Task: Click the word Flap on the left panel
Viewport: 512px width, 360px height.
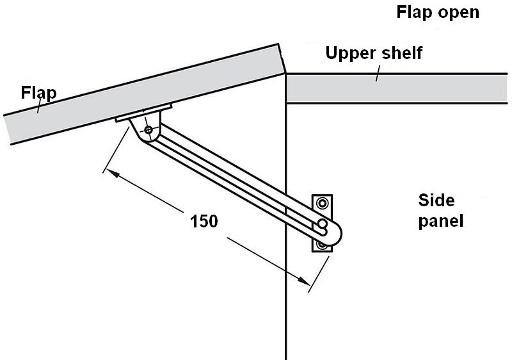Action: click(38, 93)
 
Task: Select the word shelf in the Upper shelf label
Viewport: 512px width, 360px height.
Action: click(402, 53)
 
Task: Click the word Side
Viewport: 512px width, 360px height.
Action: click(436, 200)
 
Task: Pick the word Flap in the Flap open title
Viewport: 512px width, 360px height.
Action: click(412, 12)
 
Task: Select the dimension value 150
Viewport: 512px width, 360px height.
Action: click(204, 221)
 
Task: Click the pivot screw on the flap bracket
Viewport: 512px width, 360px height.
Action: click(148, 130)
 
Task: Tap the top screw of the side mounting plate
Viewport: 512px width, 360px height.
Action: click(322, 204)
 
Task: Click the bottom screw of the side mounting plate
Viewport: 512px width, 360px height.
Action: click(322, 245)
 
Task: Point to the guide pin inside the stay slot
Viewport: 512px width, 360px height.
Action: click(321, 225)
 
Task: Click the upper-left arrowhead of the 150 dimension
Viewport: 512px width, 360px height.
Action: click(109, 172)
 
